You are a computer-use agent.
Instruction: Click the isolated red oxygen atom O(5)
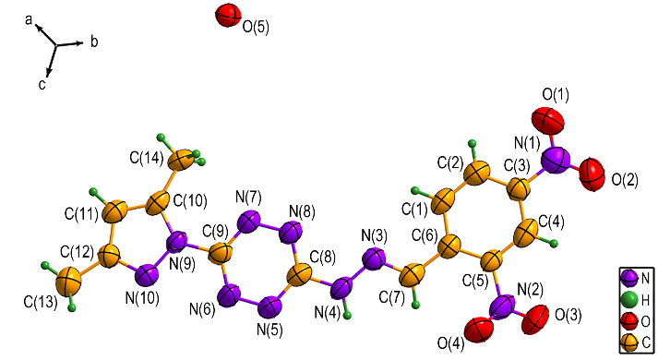coord(227,16)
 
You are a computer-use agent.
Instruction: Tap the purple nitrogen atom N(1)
coord(556,160)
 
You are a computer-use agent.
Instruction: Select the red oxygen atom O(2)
coord(592,174)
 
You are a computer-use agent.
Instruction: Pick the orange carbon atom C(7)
coord(413,274)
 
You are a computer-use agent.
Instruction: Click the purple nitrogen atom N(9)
coord(177,242)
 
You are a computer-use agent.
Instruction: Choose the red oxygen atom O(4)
coord(479,330)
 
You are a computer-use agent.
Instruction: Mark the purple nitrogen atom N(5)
coord(270,307)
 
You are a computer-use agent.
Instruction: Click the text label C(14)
coord(147,158)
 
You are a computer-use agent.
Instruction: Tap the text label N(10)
coord(142,298)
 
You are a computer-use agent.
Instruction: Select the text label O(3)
coord(568,316)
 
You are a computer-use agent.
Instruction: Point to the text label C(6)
coord(425,234)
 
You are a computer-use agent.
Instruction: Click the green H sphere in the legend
coord(629,300)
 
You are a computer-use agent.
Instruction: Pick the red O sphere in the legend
coord(629,320)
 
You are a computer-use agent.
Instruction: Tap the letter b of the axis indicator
coord(94,42)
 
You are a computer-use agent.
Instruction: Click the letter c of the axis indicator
coord(42,85)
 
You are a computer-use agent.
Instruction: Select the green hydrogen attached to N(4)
coord(348,316)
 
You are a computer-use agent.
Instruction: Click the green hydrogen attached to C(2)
coord(473,143)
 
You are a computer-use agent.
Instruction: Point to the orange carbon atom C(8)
coord(299,275)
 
